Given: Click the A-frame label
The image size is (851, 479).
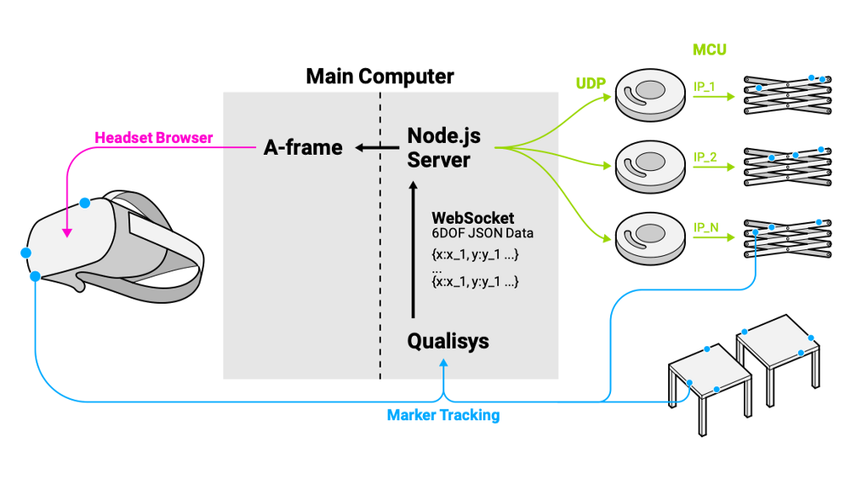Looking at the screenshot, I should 303,148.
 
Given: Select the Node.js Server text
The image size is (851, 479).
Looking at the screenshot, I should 439,147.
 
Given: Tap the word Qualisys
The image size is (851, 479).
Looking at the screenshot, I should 448,342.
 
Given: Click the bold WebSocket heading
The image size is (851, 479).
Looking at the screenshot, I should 472,219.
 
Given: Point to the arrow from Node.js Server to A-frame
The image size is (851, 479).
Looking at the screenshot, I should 375,148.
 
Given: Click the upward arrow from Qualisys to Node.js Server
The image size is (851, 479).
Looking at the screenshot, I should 414,247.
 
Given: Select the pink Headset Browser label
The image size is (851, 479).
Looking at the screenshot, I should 153,137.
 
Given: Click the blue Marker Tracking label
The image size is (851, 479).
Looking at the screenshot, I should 443,415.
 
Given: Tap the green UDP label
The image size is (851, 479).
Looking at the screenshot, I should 590,83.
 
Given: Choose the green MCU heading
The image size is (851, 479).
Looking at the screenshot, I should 709,50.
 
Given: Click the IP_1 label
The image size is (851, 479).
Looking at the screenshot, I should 705,87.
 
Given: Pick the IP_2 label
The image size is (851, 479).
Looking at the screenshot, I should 705,157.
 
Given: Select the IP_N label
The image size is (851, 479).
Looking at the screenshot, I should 705,227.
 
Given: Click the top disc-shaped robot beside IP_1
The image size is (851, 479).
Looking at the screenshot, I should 650,93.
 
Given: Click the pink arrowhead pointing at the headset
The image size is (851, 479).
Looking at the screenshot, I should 66,231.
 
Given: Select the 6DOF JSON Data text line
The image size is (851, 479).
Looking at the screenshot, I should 483,233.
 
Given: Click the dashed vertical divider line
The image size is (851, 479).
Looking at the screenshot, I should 380,255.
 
